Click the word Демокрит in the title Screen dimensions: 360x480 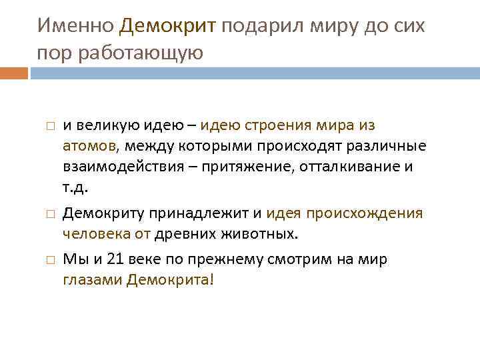168,26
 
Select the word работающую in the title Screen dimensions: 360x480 141,53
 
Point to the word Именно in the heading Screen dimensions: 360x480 76,26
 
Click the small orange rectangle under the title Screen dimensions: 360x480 14,73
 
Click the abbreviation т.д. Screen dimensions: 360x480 75,187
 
